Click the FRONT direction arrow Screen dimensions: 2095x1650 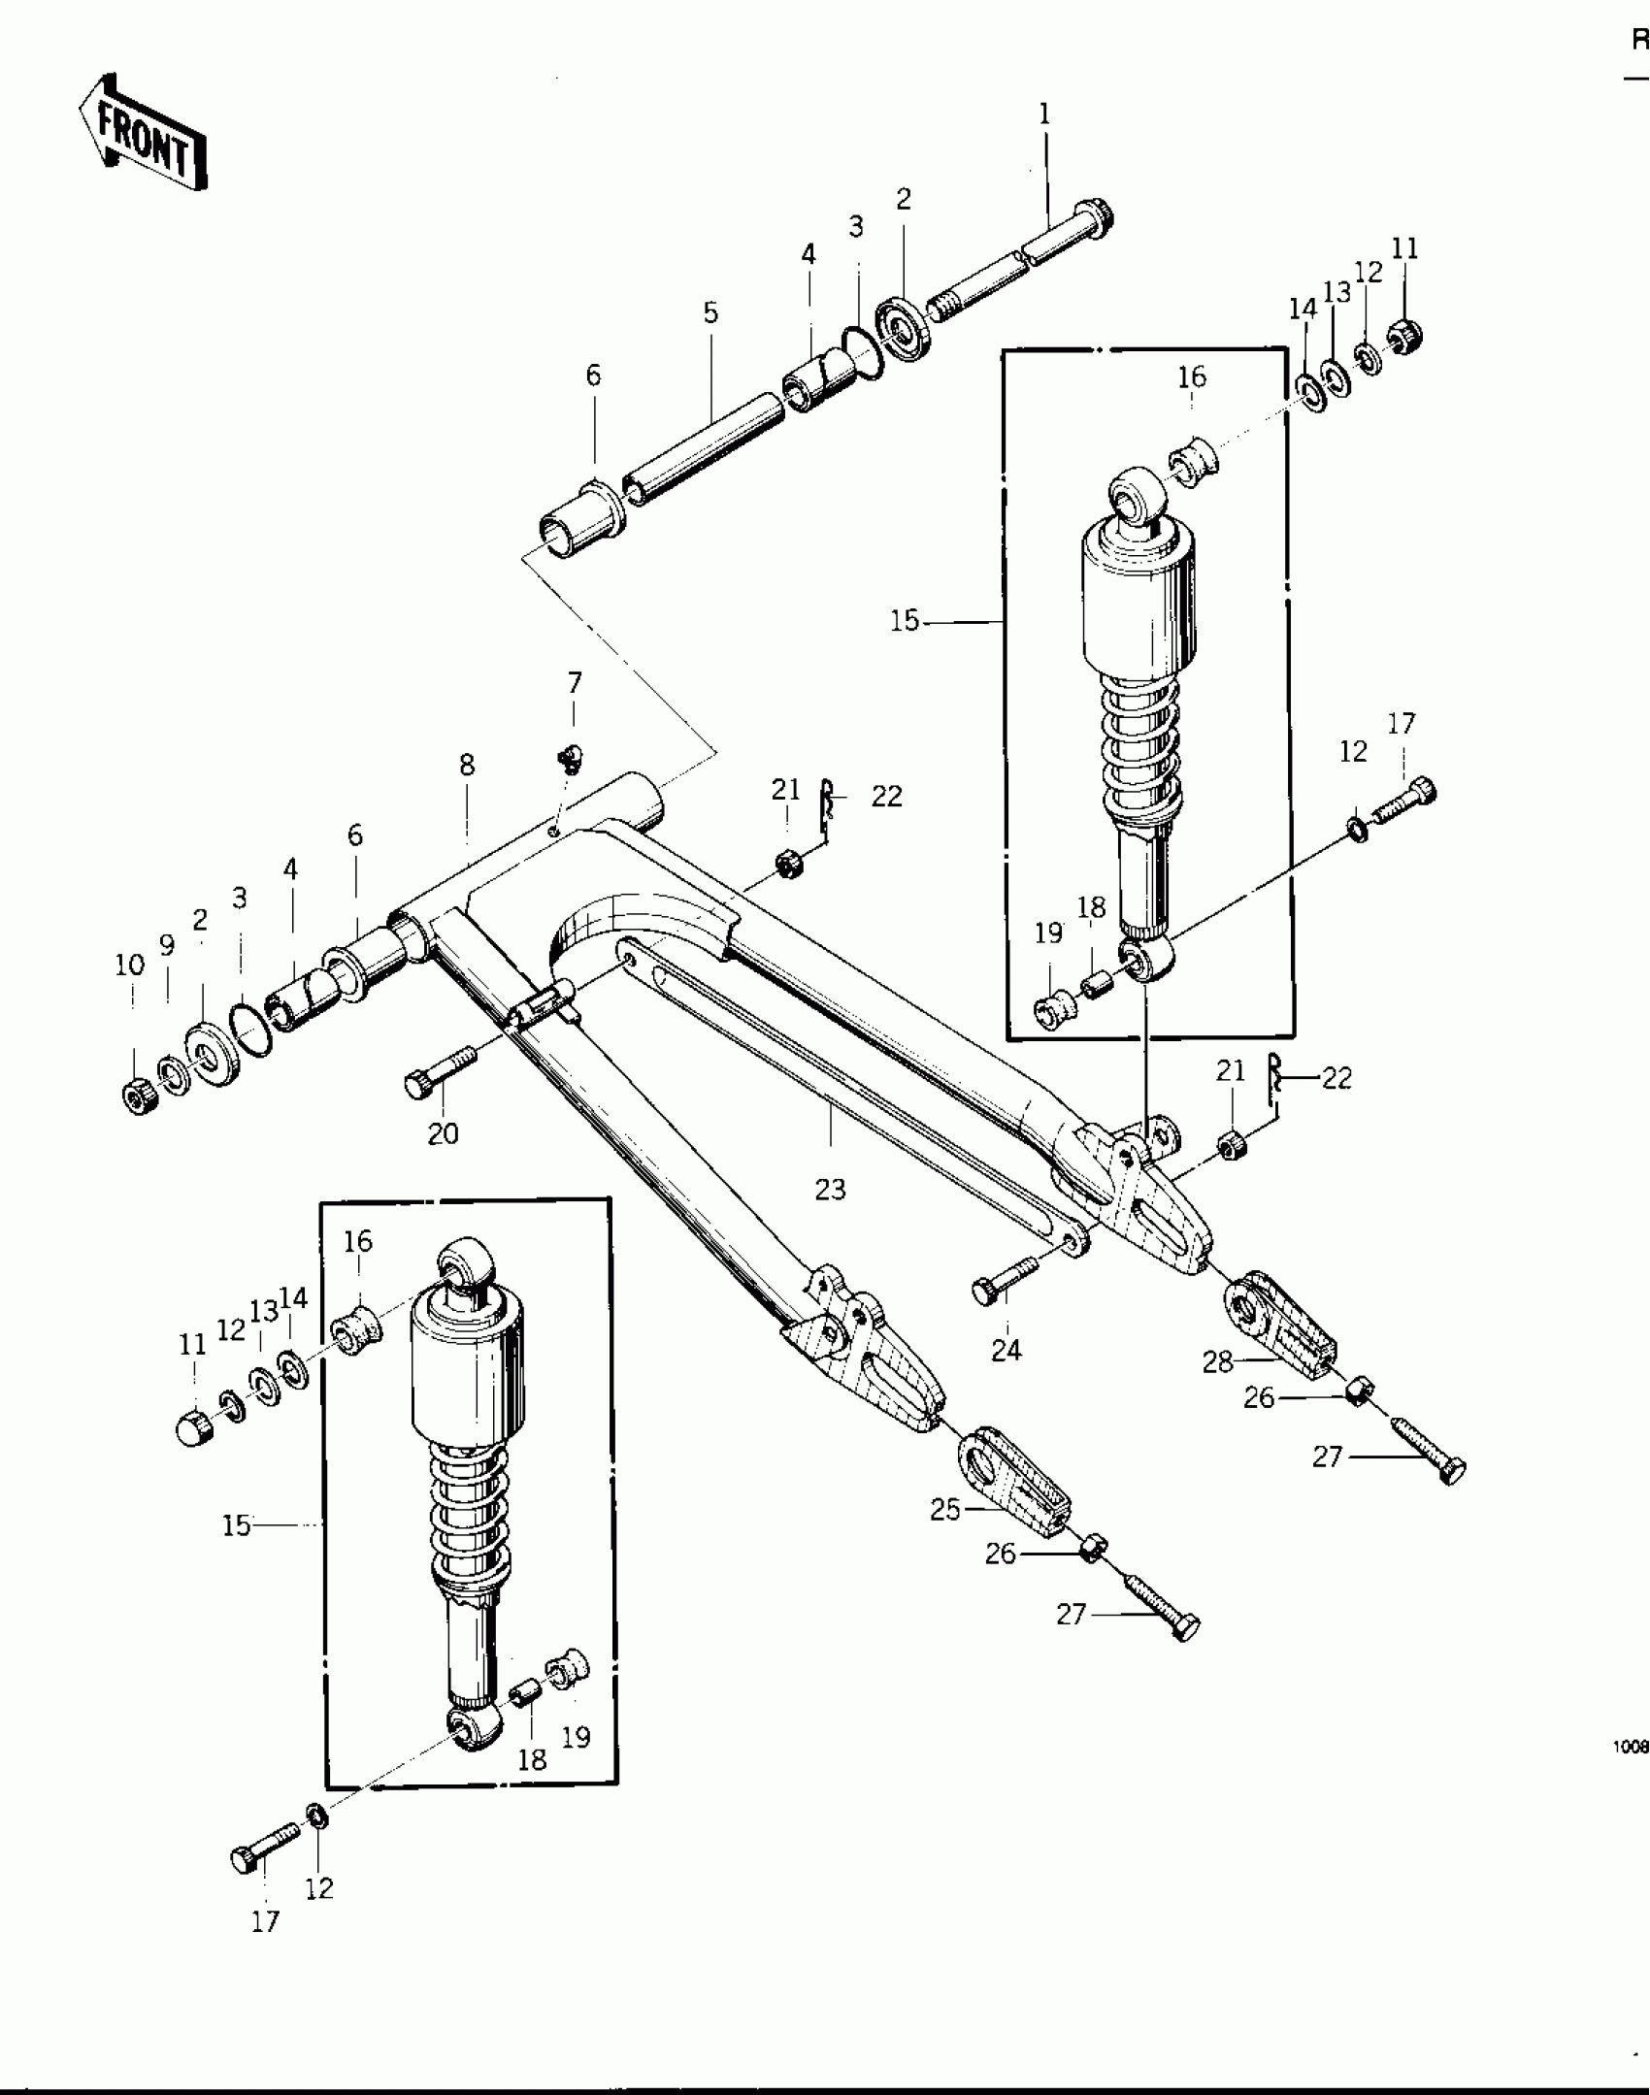point(144,132)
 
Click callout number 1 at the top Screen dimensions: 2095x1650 point(1044,115)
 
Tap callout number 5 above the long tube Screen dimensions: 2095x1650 point(711,313)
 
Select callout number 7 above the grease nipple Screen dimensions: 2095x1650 point(575,683)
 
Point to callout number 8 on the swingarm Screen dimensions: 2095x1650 point(467,766)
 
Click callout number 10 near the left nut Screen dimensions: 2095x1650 point(130,966)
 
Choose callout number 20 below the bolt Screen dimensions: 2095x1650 point(444,1133)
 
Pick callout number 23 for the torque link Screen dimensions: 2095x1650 point(830,1190)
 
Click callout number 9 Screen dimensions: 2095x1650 point(168,945)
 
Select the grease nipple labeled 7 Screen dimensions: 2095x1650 point(571,759)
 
